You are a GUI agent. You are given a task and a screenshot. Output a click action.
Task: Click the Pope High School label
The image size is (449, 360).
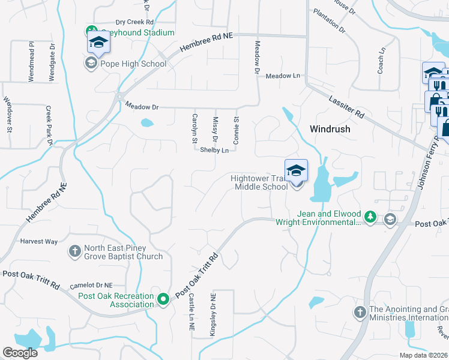pos(134,64)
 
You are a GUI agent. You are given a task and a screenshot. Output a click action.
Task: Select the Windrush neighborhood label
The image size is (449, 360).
pos(330,129)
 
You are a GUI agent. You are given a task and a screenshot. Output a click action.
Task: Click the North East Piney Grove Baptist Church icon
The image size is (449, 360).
pos(74,251)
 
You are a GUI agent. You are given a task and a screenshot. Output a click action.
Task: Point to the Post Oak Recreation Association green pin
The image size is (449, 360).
pos(163,299)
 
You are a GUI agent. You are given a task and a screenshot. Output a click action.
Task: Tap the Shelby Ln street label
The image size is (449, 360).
pos(215,150)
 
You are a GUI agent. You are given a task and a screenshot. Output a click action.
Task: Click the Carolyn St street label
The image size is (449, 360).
pos(194,128)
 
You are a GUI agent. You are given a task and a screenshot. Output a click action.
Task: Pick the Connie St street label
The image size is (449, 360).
pos(236,130)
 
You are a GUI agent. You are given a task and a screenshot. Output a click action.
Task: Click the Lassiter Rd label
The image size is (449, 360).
pos(346,105)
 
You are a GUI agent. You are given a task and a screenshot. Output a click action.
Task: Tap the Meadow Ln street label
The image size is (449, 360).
pos(283,76)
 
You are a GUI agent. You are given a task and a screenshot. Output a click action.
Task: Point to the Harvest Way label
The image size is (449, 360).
pos(39,242)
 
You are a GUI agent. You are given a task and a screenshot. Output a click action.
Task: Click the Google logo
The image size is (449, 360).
pos(20,353)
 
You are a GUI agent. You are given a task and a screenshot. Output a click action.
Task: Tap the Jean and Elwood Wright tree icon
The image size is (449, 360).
pos(370,217)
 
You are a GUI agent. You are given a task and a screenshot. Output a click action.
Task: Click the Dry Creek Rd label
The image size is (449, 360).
pos(135,22)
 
